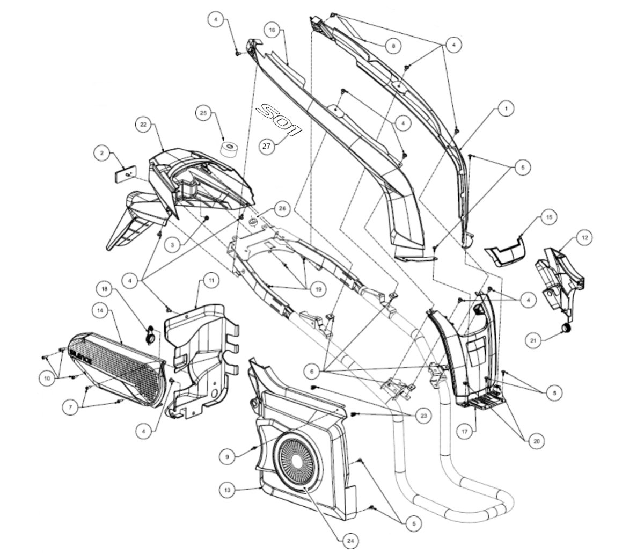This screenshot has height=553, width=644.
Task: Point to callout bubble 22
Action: [x=143, y=124]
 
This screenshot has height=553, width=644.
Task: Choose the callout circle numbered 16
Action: [x=272, y=31]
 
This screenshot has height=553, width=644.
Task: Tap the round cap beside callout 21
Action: [x=565, y=328]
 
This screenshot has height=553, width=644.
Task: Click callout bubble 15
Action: [x=548, y=217]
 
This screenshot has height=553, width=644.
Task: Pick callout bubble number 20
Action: [x=535, y=441]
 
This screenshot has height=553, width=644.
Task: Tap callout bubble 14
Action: [x=100, y=310]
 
